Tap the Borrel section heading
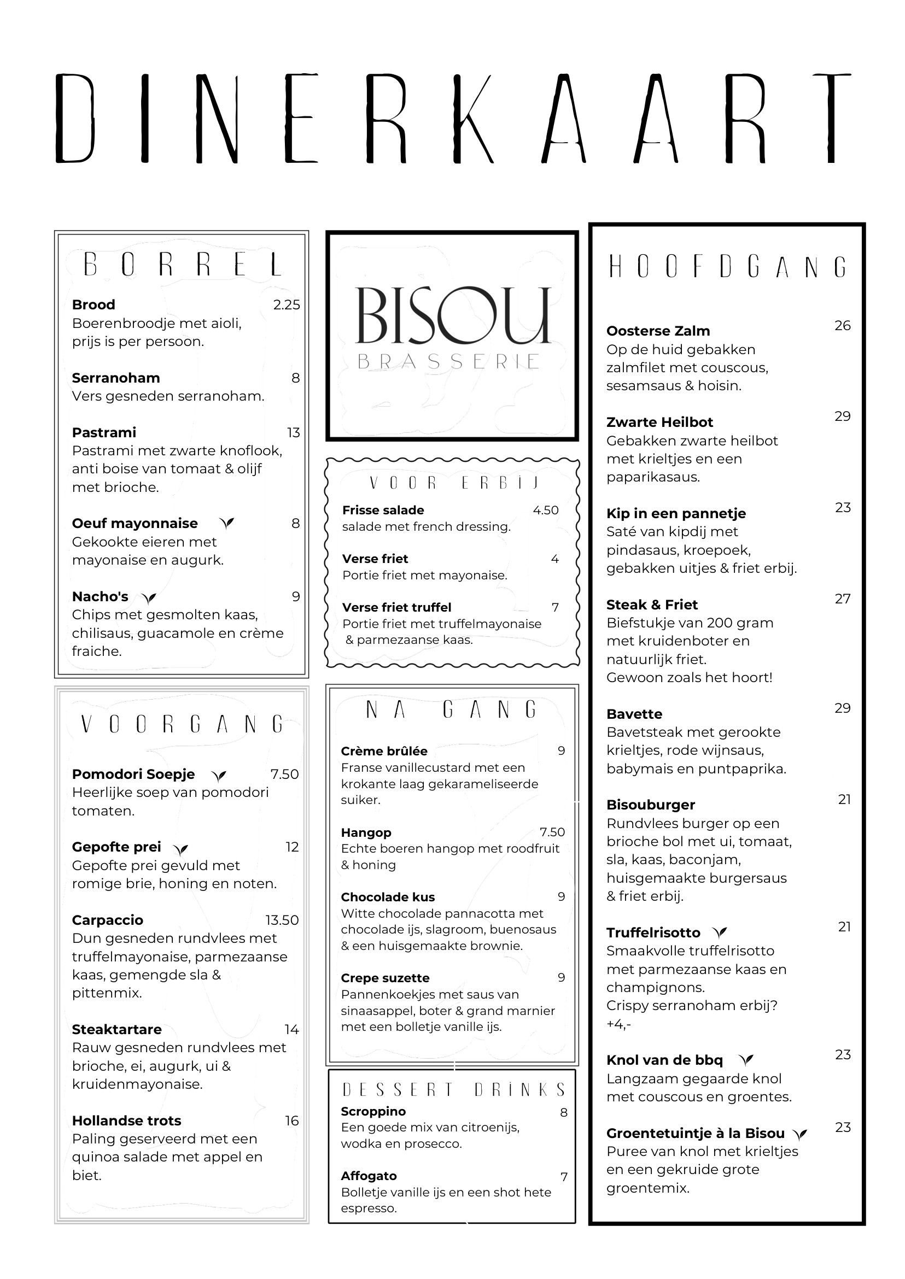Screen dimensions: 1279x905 [x=182, y=265]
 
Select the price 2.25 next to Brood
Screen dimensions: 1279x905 [x=287, y=304]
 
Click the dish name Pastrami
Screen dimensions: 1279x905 [x=104, y=432]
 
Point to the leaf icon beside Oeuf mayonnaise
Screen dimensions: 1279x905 [x=226, y=523]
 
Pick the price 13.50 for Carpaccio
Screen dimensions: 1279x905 [x=282, y=920]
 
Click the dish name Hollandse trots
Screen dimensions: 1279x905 [x=126, y=1120]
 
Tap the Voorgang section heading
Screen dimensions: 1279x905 [x=182, y=724]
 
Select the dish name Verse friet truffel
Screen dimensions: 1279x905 [x=397, y=607]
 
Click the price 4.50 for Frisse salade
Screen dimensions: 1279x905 [x=546, y=511]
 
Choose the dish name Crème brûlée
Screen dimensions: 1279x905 [x=384, y=751]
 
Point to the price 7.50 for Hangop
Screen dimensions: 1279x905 [x=552, y=832]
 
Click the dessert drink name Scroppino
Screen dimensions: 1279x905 [x=373, y=1111]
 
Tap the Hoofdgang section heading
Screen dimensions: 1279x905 [x=727, y=267]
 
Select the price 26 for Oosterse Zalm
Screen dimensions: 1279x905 [x=842, y=326]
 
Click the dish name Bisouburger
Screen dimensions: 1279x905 [x=650, y=805]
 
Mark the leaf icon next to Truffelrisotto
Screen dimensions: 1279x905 [x=720, y=932]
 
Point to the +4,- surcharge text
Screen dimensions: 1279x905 [x=618, y=1024]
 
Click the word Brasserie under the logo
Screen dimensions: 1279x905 [x=448, y=362]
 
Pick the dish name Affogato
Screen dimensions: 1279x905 [x=369, y=1175]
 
